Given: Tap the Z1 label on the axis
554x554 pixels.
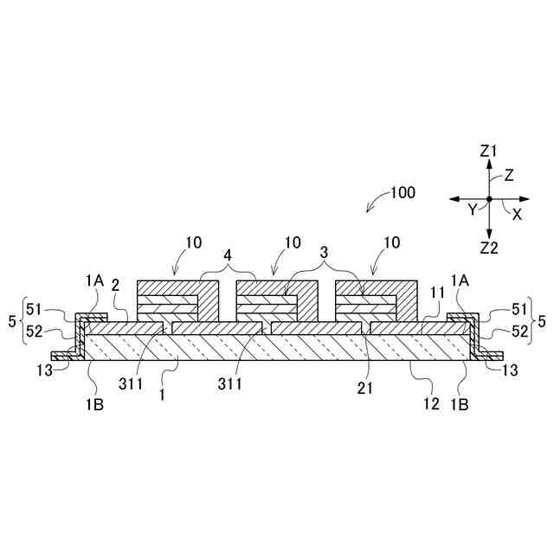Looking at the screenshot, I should [x=489, y=151].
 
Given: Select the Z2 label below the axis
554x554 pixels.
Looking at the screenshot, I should [x=489, y=247].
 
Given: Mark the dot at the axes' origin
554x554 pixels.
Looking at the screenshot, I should [x=489, y=199].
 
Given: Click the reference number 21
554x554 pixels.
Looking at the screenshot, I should [x=365, y=389].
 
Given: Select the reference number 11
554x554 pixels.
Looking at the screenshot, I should [x=437, y=293].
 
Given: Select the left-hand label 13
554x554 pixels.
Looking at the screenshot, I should [x=39, y=370].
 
